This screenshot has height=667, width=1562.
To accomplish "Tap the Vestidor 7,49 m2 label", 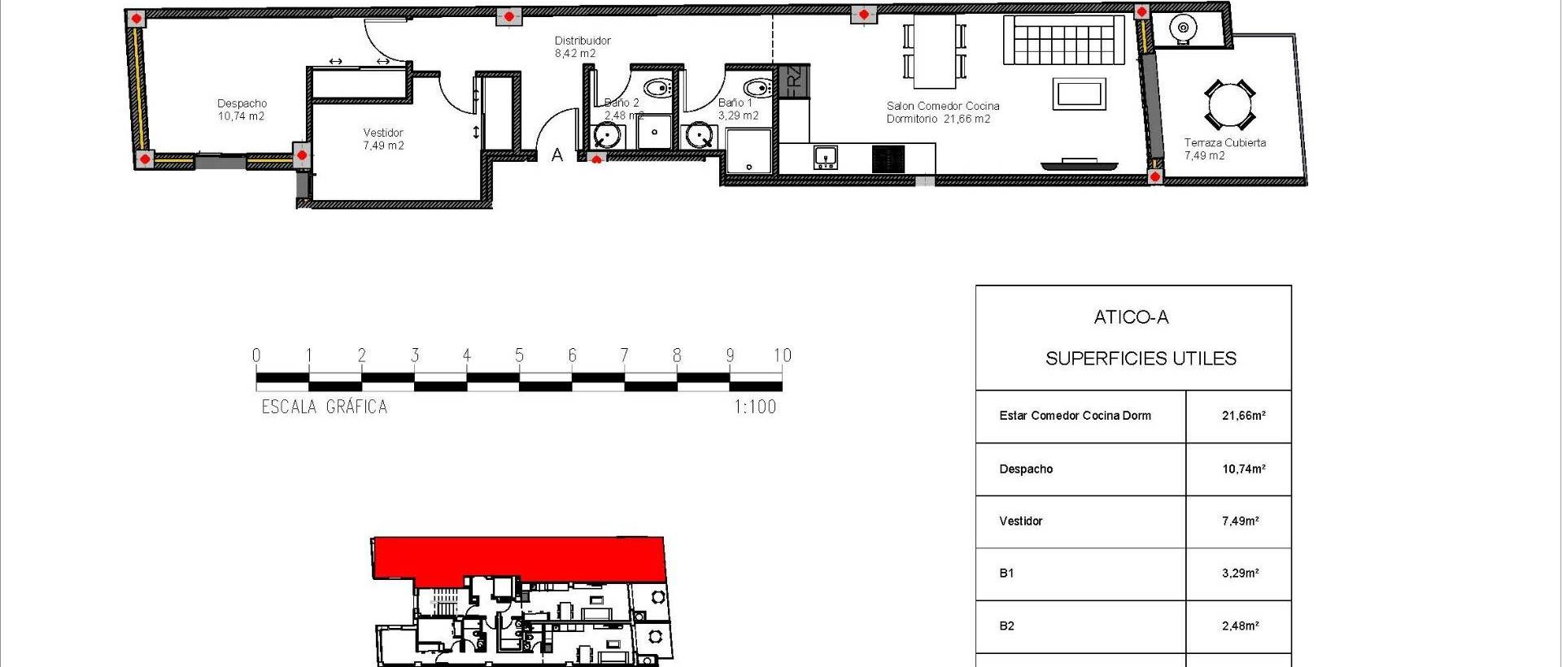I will (x=383, y=139).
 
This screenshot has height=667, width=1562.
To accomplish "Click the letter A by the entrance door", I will (x=557, y=155).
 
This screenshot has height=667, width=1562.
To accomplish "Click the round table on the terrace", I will (x=1229, y=105).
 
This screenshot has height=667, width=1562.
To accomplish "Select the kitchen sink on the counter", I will (x=827, y=157).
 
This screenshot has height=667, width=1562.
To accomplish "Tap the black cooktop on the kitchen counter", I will (x=888, y=159).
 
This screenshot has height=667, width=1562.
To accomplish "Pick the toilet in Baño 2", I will (x=656, y=87).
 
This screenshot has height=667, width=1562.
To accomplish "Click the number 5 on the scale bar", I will (x=519, y=355).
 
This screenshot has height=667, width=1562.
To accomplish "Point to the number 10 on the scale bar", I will (x=782, y=355).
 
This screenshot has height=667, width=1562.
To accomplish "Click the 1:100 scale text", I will (x=755, y=407).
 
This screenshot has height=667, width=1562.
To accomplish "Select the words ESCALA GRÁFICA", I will (x=324, y=407).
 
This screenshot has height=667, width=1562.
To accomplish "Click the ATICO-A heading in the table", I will (x=1131, y=318).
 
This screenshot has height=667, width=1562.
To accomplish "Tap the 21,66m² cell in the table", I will (x=1243, y=416).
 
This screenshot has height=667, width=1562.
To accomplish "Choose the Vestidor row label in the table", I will (x=1020, y=521).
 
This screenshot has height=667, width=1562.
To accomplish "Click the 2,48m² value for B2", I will (x=1240, y=626).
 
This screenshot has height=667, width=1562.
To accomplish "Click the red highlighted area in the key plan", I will (x=521, y=558).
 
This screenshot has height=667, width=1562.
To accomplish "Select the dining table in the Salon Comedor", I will (x=934, y=51).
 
